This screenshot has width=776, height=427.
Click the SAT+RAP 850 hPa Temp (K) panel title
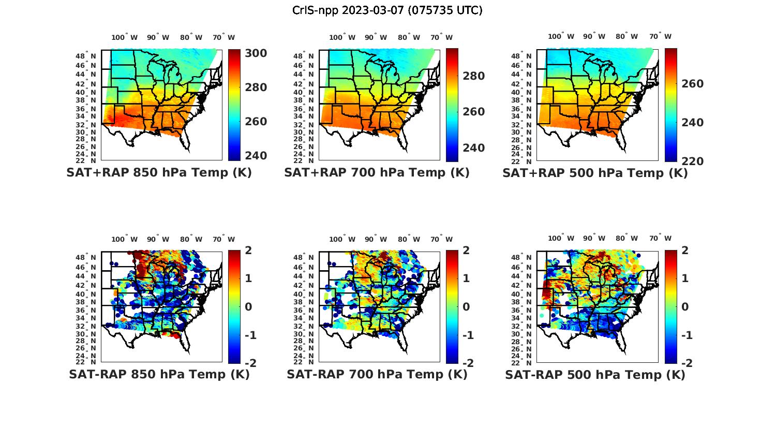tap(159, 173)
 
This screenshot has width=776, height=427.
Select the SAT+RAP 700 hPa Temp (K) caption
tap(377, 173)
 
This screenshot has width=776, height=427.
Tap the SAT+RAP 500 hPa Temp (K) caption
tap(595, 173)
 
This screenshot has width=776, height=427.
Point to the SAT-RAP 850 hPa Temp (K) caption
tap(159, 374)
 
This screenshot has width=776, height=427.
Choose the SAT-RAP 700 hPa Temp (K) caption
tap(377, 374)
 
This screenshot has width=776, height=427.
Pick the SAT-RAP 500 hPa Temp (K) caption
tap(595, 375)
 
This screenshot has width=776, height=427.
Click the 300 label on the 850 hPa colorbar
tap(256, 54)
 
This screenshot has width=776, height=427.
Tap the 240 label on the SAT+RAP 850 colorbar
tap(256, 156)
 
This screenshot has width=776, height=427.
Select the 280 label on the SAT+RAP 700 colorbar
tap(473, 76)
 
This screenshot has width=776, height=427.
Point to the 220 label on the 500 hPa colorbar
tap(692, 161)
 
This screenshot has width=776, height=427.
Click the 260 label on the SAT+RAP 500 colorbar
tap(692, 84)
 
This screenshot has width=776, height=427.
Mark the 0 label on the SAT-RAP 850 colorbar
tap(248, 307)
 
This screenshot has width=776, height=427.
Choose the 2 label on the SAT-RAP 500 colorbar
tap(684, 251)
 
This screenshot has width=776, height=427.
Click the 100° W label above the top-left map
tap(125, 37)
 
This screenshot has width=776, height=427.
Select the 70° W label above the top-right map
tap(660, 36)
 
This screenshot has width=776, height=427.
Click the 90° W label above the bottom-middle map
tap(376, 239)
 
